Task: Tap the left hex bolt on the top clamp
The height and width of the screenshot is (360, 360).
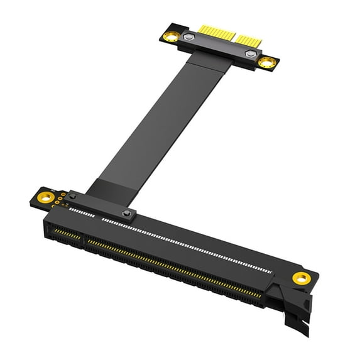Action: pos(188,39)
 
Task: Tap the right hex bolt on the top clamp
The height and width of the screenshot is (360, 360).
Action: pos(250,55)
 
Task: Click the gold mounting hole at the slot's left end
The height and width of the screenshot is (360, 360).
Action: pos(45,198)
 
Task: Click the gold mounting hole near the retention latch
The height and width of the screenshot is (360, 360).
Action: pos(301,278)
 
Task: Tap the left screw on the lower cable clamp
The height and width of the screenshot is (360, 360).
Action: pos(72,197)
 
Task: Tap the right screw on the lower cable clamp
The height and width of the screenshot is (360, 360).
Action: pos(126,214)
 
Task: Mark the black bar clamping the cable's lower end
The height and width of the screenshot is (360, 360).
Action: pos(101,205)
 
